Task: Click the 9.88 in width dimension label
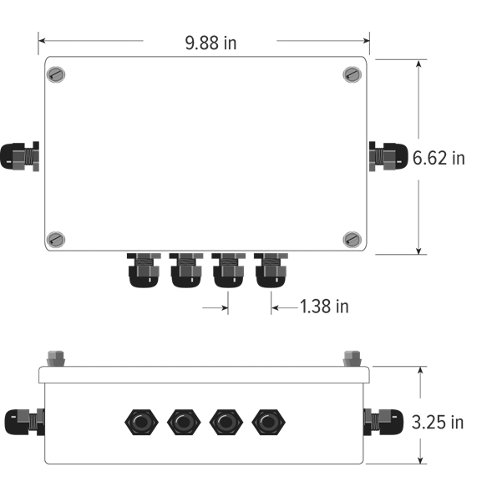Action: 210,43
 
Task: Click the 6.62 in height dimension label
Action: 439,157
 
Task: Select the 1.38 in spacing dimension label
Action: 324,307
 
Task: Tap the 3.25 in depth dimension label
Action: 438,422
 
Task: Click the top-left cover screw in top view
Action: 55,74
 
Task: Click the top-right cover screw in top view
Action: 352,74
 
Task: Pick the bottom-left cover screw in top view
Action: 55,239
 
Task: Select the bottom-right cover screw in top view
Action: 352,239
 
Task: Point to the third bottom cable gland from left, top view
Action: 228,271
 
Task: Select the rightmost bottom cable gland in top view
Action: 270,271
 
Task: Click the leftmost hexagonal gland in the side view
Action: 139,422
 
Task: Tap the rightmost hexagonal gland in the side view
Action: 267,422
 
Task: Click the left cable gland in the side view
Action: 23,422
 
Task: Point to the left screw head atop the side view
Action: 57,358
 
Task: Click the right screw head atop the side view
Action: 351,358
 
